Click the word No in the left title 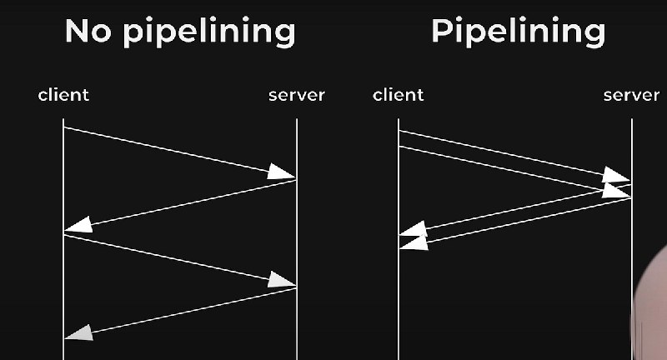pyautogui.click(x=89, y=32)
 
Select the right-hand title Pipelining pyautogui.click(x=518, y=32)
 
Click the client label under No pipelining pyautogui.click(x=63, y=95)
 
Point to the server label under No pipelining pyautogui.click(x=296, y=95)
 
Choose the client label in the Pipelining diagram pyautogui.click(x=399, y=95)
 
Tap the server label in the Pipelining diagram pyautogui.click(x=631, y=95)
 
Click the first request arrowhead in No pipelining pyautogui.click(x=282, y=173)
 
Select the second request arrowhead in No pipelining pyautogui.click(x=282, y=281)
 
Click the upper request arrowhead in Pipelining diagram pyautogui.click(x=617, y=175)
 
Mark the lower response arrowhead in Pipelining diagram pyautogui.click(x=414, y=242)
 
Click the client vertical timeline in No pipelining pyautogui.click(x=63, y=275)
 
